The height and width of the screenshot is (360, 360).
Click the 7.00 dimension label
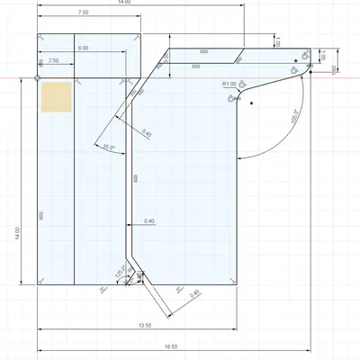pyautogui.click(x=83, y=13)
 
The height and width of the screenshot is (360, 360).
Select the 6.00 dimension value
pyautogui.click(x=83, y=47)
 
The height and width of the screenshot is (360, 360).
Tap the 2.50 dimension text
pyautogui.click(x=54, y=60)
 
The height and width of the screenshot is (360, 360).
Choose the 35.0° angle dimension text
pyautogui.click(x=109, y=146)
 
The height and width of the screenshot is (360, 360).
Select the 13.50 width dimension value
pyautogui.click(x=141, y=325)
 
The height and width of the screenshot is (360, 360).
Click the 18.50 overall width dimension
pyautogui.click(x=173, y=346)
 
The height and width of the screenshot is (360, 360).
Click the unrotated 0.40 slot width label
pyautogui.click(x=149, y=221)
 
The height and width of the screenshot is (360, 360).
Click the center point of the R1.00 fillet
pyautogui.click(x=253, y=103)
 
